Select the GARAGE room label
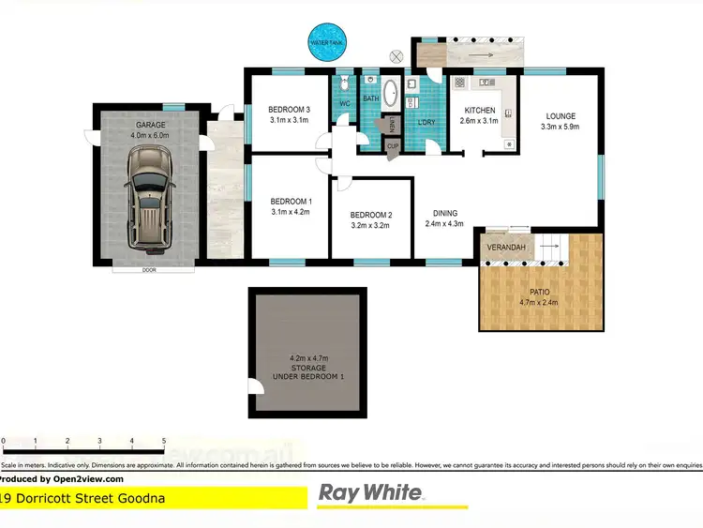pos(150,125)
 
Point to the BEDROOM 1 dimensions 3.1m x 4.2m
pos(291,212)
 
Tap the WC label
pos(344,102)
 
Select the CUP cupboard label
pos(394,146)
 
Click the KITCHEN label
pos(480,110)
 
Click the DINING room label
pos(445,212)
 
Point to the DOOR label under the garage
pos(148,269)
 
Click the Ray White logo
pos(373,494)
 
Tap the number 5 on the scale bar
pos(163,440)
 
